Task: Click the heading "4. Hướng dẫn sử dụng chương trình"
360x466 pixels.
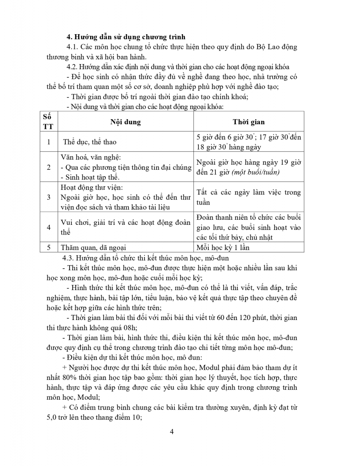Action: pos(126,37)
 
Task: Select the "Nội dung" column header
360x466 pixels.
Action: pos(125,122)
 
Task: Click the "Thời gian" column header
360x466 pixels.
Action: pos(249,122)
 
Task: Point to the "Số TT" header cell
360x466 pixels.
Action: pos(49,122)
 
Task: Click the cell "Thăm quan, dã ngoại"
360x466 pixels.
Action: pos(93,247)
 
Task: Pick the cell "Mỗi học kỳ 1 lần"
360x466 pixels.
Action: pos(223,247)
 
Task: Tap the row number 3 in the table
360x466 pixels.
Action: pos(49,197)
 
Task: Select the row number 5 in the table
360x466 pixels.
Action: pos(49,247)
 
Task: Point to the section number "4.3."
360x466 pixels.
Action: pos(68,258)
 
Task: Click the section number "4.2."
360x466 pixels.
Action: pos(72,66)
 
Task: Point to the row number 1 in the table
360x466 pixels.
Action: pos(49,142)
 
